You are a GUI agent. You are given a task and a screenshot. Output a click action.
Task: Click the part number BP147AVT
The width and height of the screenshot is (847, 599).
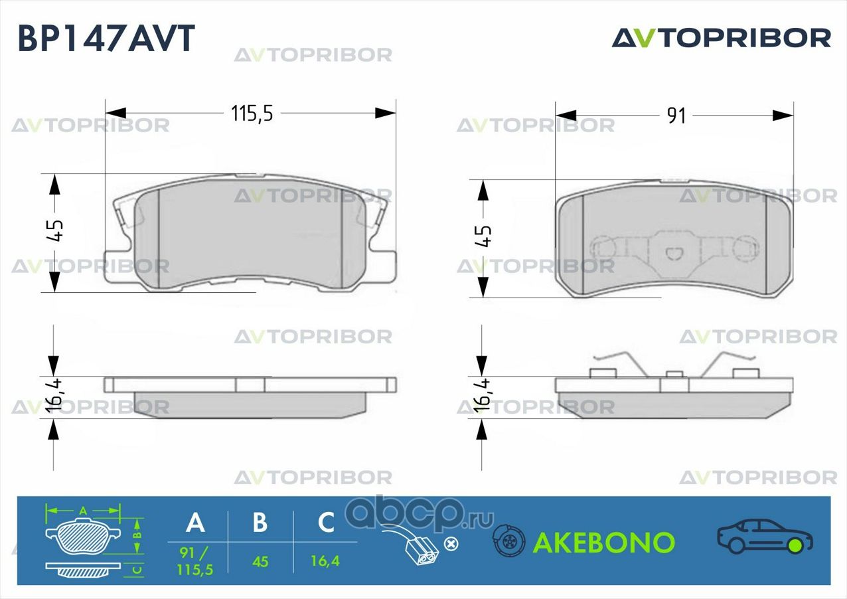(x=106, y=38)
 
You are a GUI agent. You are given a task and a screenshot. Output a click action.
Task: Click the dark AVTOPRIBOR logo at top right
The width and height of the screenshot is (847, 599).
(x=721, y=38)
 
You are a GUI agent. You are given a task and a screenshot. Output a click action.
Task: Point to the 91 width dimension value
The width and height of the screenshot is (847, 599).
(x=676, y=116)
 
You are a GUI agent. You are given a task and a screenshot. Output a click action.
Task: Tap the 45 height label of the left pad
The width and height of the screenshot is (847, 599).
(x=55, y=230)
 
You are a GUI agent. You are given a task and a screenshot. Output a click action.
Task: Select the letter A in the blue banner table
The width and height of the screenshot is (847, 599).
(x=195, y=523)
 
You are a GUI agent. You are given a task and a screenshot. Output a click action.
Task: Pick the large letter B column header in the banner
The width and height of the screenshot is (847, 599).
(x=260, y=523)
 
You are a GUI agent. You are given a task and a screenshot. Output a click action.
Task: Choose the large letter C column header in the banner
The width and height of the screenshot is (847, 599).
(x=326, y=523)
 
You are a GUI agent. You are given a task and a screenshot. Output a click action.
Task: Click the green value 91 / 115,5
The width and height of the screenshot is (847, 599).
(x=195, y=560)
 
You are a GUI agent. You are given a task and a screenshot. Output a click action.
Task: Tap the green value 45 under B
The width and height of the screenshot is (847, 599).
(x=260, y=562)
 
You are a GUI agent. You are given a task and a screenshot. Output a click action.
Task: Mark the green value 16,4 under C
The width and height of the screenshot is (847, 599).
(x=325, y=561)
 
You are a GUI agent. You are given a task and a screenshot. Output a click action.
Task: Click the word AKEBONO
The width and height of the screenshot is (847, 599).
(x=604, y=543)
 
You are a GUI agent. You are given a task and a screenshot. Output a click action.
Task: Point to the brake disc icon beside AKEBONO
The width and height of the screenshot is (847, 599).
(x=508, y=541)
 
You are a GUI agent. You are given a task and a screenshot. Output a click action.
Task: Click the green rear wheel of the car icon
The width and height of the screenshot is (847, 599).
(x=795, y=546)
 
